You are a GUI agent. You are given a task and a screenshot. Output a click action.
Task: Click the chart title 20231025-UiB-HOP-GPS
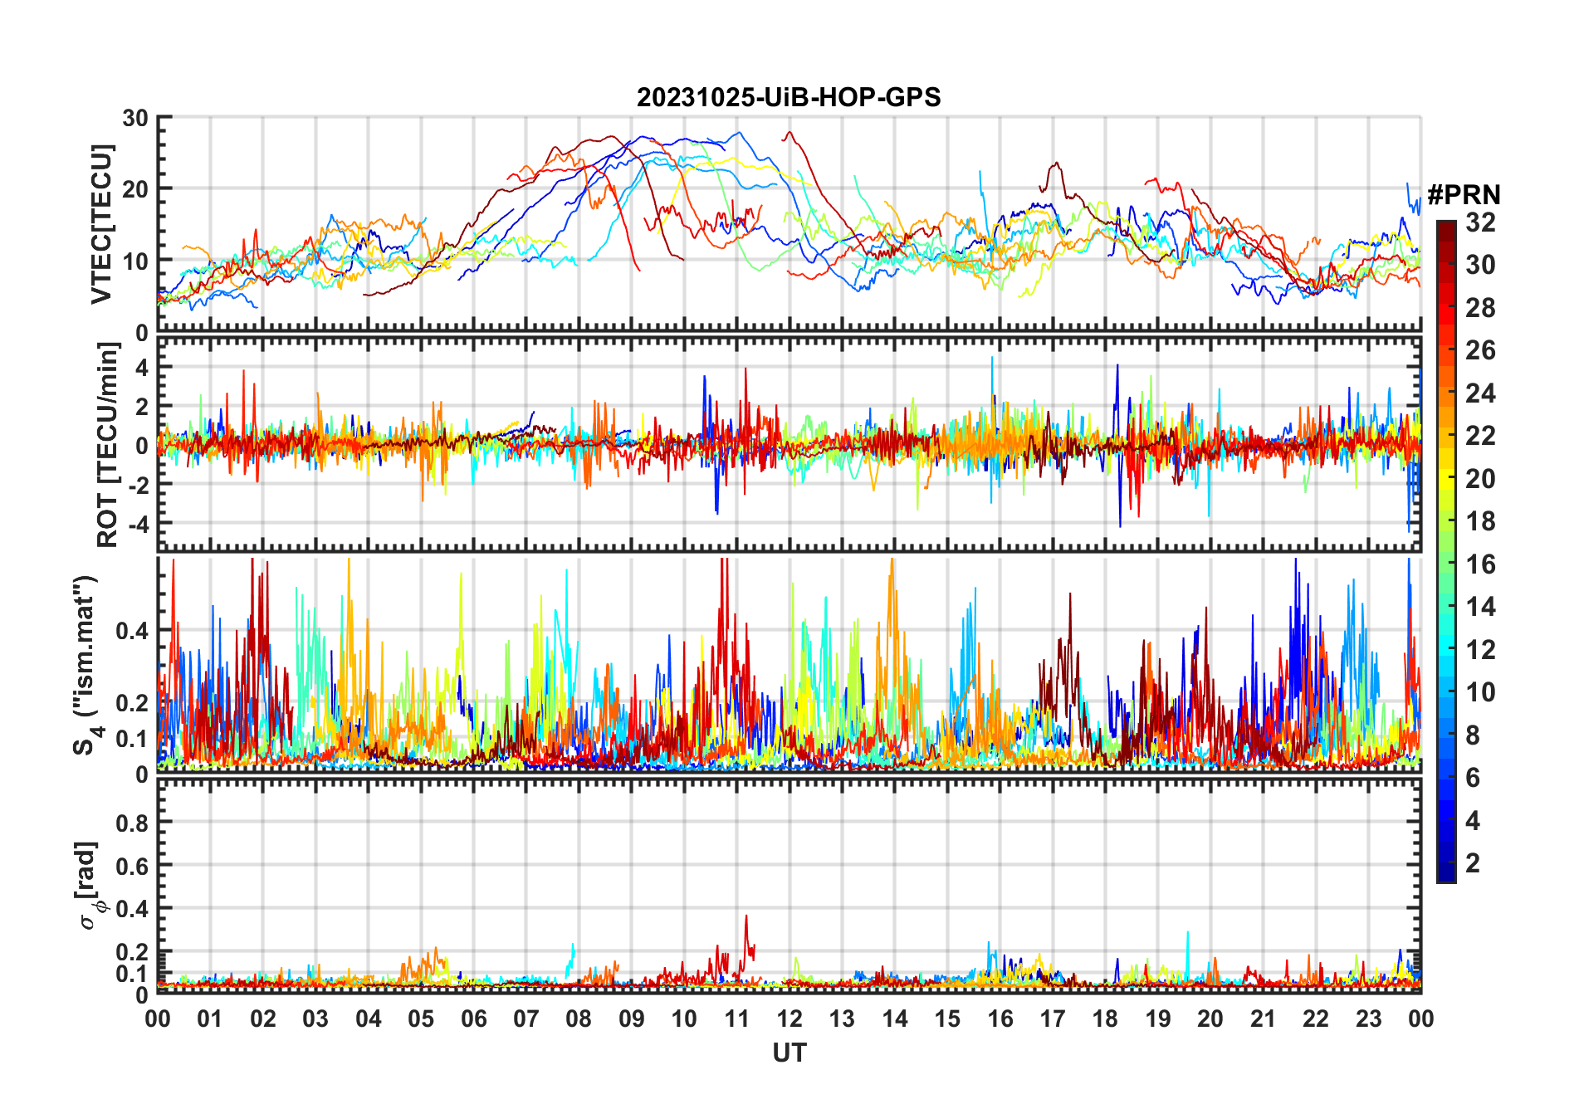[789, 97]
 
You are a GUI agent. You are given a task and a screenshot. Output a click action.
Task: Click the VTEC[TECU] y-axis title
[102, 224]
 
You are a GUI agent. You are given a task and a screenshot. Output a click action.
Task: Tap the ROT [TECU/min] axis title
[108, 444]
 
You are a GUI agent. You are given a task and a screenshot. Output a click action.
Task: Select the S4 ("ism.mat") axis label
[86, 665]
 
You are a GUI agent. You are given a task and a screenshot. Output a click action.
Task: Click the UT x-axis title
[789, 1053]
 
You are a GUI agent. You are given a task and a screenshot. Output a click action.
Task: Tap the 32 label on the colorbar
[1480, 222]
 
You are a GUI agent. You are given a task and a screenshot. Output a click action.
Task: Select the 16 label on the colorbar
[1480, 564]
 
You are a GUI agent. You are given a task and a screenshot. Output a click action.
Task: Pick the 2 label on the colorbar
[1473, 863]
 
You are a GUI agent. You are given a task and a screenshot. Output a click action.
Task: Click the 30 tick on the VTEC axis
[135, 118]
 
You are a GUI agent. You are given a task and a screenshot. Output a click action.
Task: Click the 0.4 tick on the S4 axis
[132, 631]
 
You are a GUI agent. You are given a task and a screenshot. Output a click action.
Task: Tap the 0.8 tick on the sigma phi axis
[132, 823]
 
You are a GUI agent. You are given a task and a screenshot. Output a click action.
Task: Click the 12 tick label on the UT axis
[789, 1019]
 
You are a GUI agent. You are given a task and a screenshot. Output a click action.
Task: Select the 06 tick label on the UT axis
[473, 1019]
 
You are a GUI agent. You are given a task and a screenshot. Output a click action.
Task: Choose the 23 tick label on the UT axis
[1368, 1019]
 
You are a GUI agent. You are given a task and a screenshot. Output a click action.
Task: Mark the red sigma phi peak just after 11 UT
[746, 916]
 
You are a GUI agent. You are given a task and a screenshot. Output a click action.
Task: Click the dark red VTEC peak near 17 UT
[1055, 164]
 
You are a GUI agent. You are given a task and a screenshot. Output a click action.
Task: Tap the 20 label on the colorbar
[1480, 479]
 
